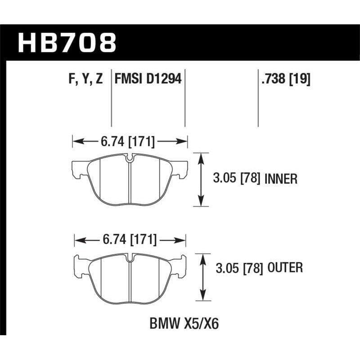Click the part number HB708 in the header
click(67, 43)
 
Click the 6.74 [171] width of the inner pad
click(129, 142)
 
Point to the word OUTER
click(286, 268)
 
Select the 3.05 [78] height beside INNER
click(237, 179)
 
